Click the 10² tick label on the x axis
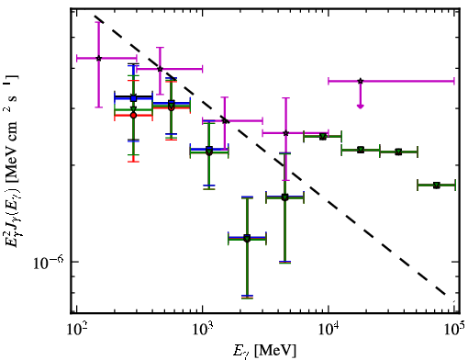coord(76,331)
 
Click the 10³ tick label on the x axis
coord(203,331)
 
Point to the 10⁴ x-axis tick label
coord(329,331)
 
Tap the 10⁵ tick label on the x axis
coord(455,331)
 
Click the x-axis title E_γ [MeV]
coord(264,351)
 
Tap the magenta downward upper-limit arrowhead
coord(361,106)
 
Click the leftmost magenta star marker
coord(98,58)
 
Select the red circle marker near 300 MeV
coord(133,116)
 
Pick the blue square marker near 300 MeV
coord(133,98)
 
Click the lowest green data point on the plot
coord(247,239)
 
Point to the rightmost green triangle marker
coord(436,186)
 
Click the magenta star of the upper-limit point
coord(361,81)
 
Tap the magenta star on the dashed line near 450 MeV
coord(160,69)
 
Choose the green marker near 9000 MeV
coord(322,137)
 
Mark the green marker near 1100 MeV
coord(209,152)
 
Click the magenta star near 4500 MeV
coord(285,133)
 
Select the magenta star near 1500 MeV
coord(225,120)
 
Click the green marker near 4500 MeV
coord(284,197)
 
